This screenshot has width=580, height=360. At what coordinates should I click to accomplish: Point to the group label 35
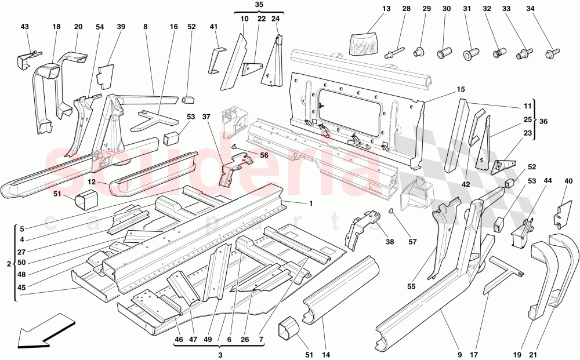259,5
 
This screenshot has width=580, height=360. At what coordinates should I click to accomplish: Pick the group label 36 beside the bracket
560,121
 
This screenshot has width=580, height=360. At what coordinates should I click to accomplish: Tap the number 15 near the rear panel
461,89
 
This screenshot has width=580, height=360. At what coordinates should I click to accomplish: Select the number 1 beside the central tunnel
311,203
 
